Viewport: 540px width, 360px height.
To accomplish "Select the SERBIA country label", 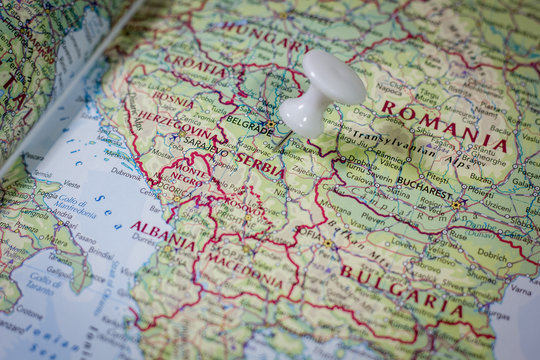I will (x=257, y=163).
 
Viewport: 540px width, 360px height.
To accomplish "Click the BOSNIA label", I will (x=173, y=100).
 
